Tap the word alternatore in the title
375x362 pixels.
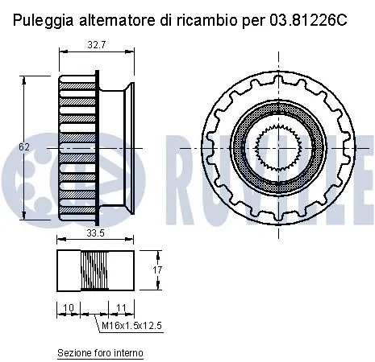(x=117, y=19)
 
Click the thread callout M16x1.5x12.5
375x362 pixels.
(x=131, y=325)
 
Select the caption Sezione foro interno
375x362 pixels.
(x=100, y=352)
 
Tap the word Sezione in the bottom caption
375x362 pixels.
(x=73, y=352)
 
